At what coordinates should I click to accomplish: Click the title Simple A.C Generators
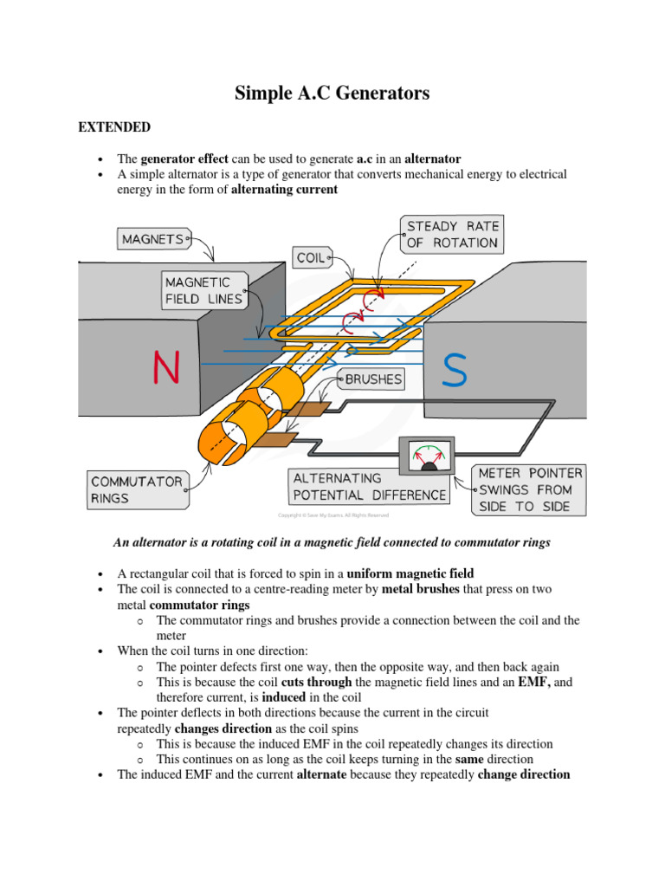(x=332, y=94)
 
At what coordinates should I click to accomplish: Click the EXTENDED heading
(x=114, y=127)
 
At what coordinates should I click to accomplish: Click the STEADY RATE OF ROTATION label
(x=451, y=234)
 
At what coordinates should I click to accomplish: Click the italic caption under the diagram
(x=332, y=542)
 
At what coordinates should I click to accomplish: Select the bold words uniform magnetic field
(x=410, y=573)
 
